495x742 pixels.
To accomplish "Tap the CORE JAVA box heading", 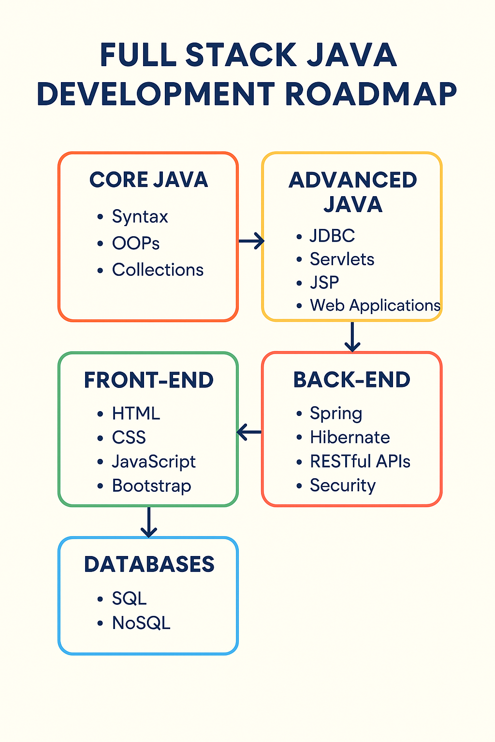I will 148,180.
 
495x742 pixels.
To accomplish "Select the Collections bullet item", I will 158,270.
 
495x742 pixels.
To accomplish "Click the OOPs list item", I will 136,243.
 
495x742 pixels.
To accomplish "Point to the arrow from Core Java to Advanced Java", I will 251,241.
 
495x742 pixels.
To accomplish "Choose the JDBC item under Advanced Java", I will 333,236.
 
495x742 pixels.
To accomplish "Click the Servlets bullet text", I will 342,259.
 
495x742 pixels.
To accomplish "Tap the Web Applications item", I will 375,305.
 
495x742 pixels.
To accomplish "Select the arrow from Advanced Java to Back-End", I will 352,337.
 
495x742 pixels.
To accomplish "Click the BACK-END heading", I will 352,380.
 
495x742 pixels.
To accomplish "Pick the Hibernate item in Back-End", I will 350,437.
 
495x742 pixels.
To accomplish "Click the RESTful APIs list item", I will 360,461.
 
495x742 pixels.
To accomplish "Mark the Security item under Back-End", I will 343,485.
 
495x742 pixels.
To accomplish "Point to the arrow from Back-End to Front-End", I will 249,432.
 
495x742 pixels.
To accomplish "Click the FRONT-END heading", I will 149,380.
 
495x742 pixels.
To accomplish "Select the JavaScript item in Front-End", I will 154,462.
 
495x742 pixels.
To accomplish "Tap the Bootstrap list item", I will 152,486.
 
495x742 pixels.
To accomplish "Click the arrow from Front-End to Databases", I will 149,522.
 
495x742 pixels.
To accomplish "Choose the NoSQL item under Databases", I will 141,623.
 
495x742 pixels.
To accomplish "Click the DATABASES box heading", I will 149,564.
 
